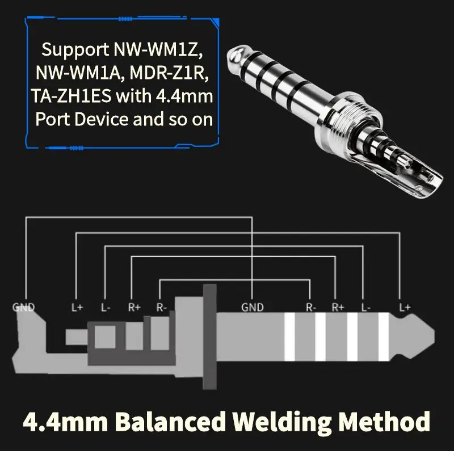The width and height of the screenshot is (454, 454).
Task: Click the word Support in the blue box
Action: pyautogui.click(x=75, y=50)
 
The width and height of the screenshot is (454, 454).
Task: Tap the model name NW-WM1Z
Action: pyautogui.click(x=158, y=49)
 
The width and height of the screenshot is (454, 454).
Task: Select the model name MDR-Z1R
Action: pyautogui.click(x=169, y=73)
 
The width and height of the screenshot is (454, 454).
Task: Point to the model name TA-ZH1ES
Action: pyautogui.click(x=71, y=96)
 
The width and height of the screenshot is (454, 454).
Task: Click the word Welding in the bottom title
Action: pyautogui.click(x=282, y=422)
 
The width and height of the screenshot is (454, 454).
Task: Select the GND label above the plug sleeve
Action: pyautogui.click(x=253, y=307)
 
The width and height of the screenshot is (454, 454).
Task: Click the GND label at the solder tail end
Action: pyautogui.click(x=23, y=307)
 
